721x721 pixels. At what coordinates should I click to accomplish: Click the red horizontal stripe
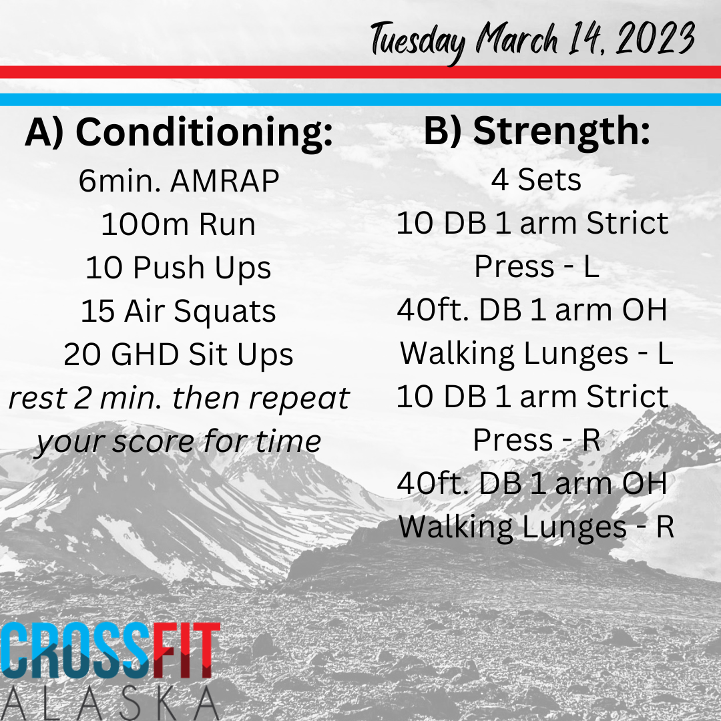(x=360, y=72)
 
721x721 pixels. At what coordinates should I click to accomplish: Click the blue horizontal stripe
(x=360, y=99)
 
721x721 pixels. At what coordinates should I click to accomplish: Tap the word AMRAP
(x=225, y=181)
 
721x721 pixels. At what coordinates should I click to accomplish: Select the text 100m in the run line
(x=143, y=224)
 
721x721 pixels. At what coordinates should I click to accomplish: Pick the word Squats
(x=225, y=312)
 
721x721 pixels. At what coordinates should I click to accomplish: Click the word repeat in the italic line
(x=299, y=399)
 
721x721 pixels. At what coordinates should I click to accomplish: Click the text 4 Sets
(x=536, y=180)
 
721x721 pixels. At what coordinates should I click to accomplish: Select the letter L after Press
(x=591, y=266)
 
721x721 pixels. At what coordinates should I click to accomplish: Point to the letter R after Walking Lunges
(x=665, y=527)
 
